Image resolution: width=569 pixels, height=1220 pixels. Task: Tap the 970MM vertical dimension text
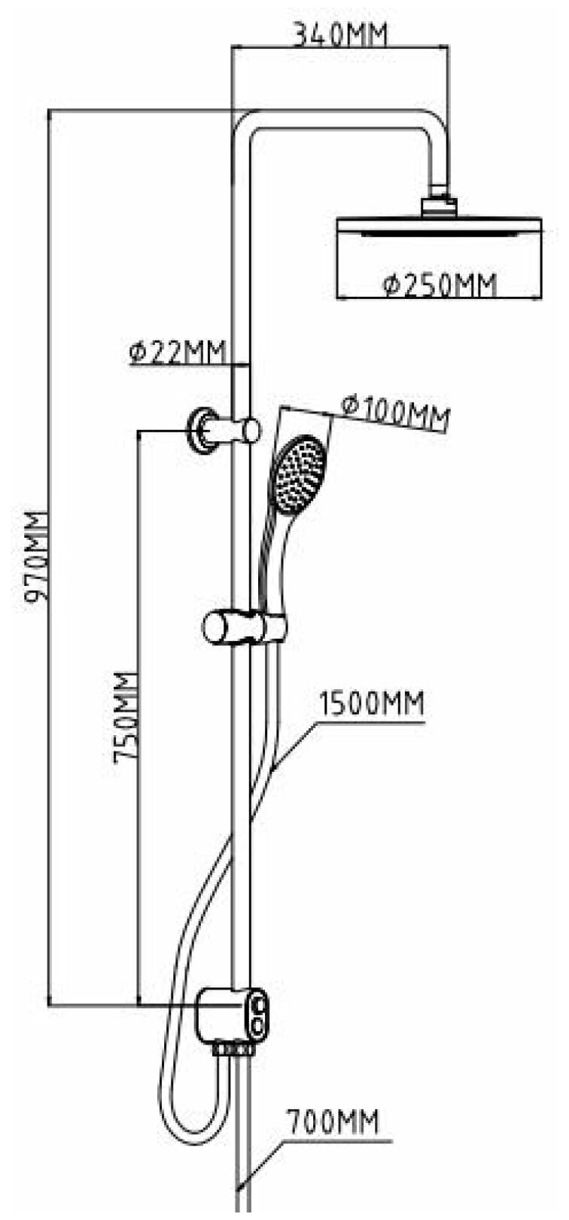coord(35,557)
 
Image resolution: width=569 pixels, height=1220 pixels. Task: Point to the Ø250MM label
coord(440,285)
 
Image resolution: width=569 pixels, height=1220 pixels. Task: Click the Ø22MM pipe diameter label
coord(178,352)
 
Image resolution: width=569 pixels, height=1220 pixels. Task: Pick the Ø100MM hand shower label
coord(395,412)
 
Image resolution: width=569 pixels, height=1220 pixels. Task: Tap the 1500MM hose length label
coord(372,704)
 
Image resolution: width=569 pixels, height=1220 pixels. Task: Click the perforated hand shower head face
coord(299,474)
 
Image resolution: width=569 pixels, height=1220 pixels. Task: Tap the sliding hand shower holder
coord(245,627)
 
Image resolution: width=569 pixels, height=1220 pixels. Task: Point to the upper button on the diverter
coord(259,1005)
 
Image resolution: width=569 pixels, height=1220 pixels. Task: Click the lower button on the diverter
coord(259,1026)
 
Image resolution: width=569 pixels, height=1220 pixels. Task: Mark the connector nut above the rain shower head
coord(439,204)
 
